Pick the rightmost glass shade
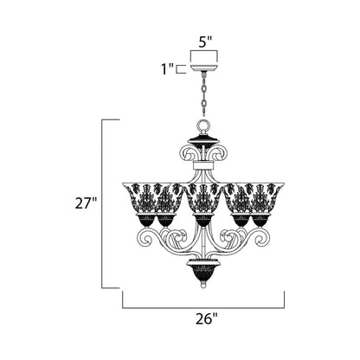coord(260,197)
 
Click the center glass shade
coord(202,197)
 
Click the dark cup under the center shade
coord(202,220)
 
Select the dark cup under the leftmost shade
coord(144,221)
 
